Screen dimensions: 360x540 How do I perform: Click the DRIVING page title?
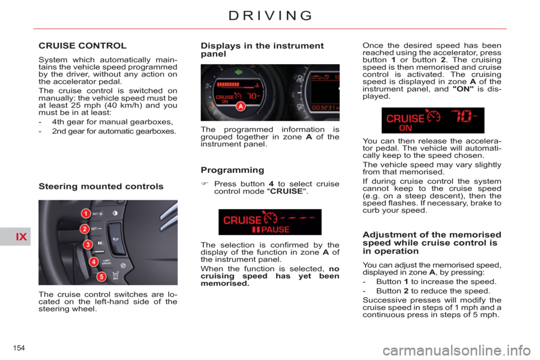269,15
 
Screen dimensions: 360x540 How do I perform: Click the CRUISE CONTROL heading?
82,45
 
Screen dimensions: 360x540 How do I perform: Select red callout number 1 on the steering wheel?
85,214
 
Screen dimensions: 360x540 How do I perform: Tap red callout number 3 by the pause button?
88,245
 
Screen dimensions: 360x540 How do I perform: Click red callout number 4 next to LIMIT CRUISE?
93,262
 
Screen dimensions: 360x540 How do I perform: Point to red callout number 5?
101,276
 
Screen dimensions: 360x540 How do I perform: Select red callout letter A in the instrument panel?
240,106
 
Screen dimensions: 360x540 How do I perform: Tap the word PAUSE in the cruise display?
276,229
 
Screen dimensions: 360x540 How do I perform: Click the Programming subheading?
232,169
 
